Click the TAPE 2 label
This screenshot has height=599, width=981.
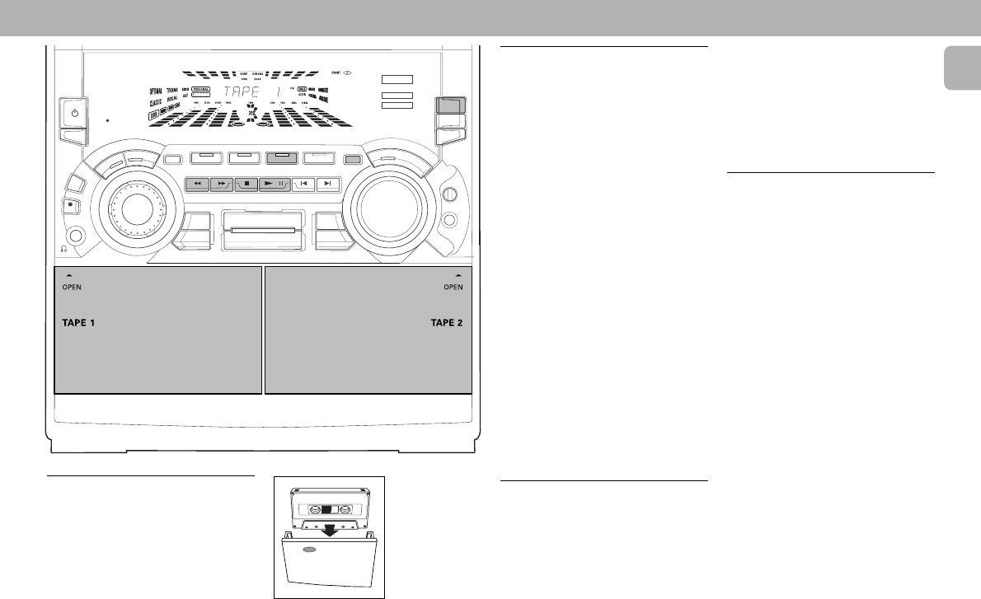pos(447,323)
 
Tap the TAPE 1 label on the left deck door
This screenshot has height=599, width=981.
pos(79,323)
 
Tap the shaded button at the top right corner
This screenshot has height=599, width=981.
pos(451,105)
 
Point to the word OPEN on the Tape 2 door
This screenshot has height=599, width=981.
pos(453,288)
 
